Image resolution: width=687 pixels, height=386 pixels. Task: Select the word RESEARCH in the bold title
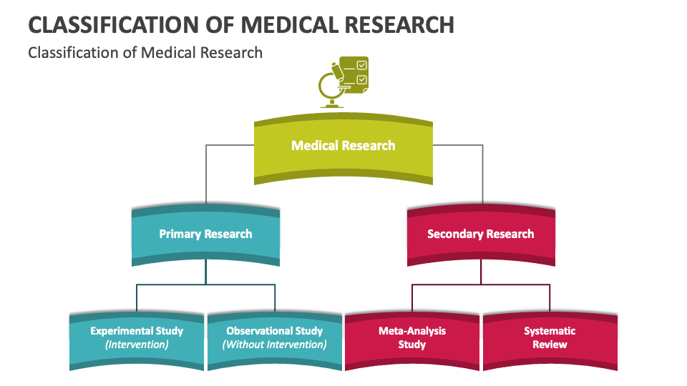pyautogui.click(x=401, y=24)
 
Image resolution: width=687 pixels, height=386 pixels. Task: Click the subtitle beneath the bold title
pyautogui.click(x=145, y=52)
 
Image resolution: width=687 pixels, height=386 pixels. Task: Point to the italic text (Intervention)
pyautogui.click(x=137, y=345)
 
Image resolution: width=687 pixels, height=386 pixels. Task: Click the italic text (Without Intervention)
pyautogui.click(x=274, y=345)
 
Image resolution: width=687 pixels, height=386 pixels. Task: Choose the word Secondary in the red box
pyautogui.click(x=454, y=234)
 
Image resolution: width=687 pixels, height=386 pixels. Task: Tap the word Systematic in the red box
pyautogui.click(x=550, y=331)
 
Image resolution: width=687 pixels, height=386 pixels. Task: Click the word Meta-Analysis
pyautogui.click(x=412, y=331)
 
